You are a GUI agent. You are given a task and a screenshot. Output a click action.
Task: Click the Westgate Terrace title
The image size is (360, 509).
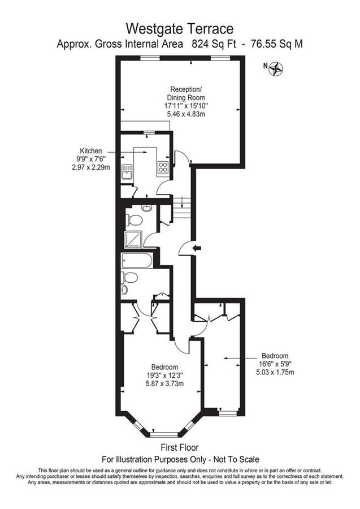click(180, 28)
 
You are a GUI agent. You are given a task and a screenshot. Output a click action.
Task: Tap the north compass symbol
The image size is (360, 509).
click(276, 68)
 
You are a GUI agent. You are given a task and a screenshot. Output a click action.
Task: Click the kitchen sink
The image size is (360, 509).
click(127, 171)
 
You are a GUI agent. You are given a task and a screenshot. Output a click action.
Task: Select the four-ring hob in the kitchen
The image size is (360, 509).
click(163, 167)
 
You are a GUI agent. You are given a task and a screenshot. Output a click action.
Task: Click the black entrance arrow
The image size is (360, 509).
click(196, 248)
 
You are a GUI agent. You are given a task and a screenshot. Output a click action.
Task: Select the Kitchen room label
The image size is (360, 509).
click(91, 151)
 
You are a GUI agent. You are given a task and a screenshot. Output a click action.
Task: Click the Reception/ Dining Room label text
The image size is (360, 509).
click(185, 93)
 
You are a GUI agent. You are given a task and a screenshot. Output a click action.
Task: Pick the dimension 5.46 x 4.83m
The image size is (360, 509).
click(185, 114)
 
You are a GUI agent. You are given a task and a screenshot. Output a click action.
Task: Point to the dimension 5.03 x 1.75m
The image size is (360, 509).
click(275, 372)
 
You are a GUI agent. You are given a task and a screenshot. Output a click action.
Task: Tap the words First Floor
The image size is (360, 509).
click(180, 448)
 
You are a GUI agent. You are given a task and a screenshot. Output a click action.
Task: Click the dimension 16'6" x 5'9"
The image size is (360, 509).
click(275, 364)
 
